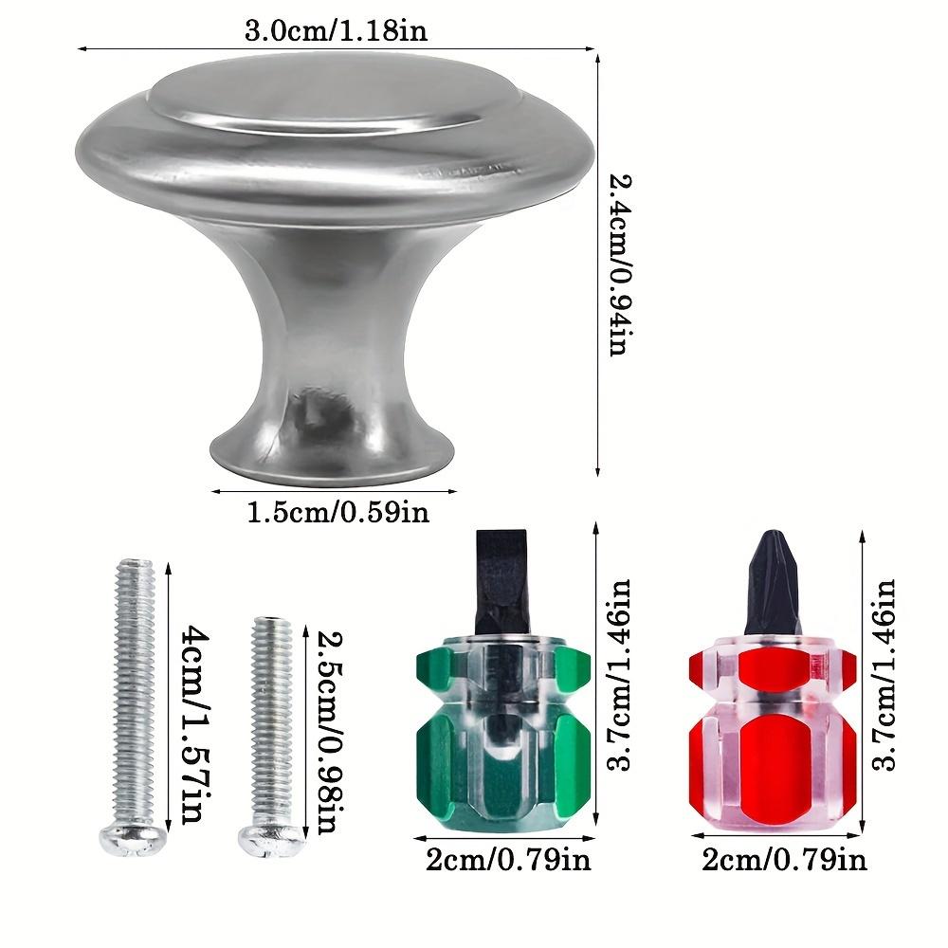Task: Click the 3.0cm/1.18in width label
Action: coord(337,30)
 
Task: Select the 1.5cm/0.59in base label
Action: coord(337,513)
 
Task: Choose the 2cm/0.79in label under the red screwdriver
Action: coord(785,860)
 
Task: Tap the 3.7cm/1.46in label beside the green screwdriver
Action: coord(619,676)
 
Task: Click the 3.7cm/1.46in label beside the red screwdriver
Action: coord(884,676)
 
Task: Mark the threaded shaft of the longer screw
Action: coord(134,692)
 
